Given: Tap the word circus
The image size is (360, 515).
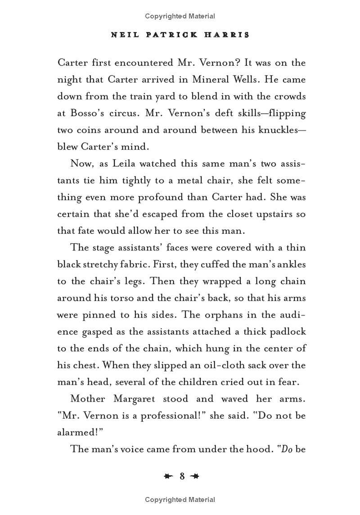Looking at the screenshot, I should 122,113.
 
